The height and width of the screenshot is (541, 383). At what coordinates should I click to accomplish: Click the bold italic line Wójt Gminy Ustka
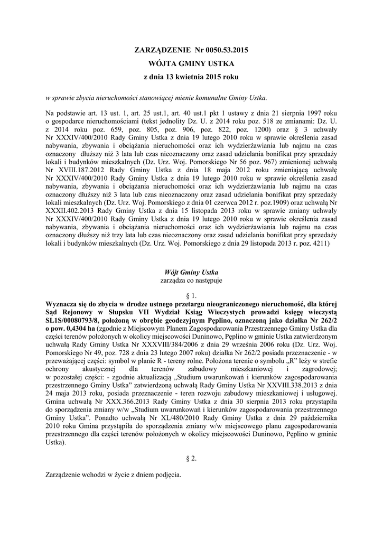tap(191, 272)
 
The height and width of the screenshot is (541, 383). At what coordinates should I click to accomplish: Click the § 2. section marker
tap(191, 459)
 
